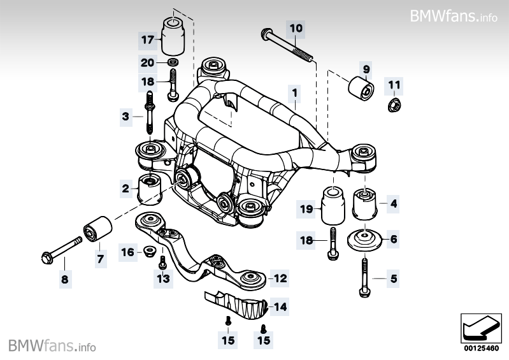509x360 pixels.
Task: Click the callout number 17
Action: click(148, 40)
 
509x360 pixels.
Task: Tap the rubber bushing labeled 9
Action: click(361, 87)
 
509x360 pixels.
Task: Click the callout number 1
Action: click(294, 93)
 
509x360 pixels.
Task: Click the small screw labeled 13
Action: click(163, 262)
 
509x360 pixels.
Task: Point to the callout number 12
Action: click(280, 278)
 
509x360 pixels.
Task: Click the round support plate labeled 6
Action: click(364, 240)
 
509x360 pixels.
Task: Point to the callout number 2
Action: click(125, 188)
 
